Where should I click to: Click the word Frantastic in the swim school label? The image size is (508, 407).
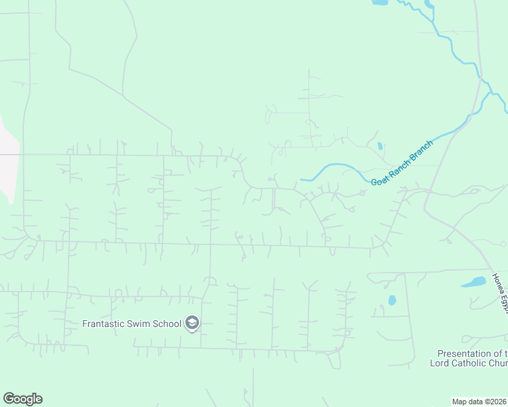point(104,324)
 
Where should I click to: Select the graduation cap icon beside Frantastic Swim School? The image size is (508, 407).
point(192,323)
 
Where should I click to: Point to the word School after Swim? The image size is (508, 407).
point(167,324)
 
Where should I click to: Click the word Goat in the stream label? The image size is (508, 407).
point(380,179)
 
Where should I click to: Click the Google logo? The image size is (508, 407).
point(22,399)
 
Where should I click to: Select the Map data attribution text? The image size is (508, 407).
point(468,402)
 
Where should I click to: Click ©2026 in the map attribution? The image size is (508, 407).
point(496,402)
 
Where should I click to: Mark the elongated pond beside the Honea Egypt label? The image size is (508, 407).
point(474,282)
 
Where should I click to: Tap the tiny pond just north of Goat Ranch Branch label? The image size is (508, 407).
point(380,146)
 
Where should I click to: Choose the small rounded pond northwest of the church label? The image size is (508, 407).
point(392,300)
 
